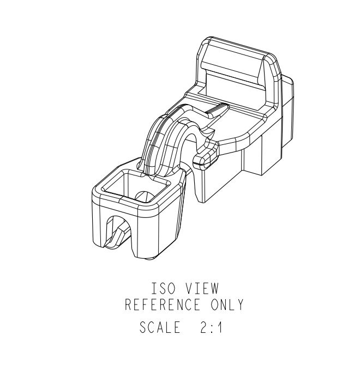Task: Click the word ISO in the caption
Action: tap(162, 288)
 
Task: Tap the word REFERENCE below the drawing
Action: tap(163, 305)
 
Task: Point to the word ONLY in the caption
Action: tap(225, 305)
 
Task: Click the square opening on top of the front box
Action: tap(134, 185)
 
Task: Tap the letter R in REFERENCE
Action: tap(129, 305)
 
